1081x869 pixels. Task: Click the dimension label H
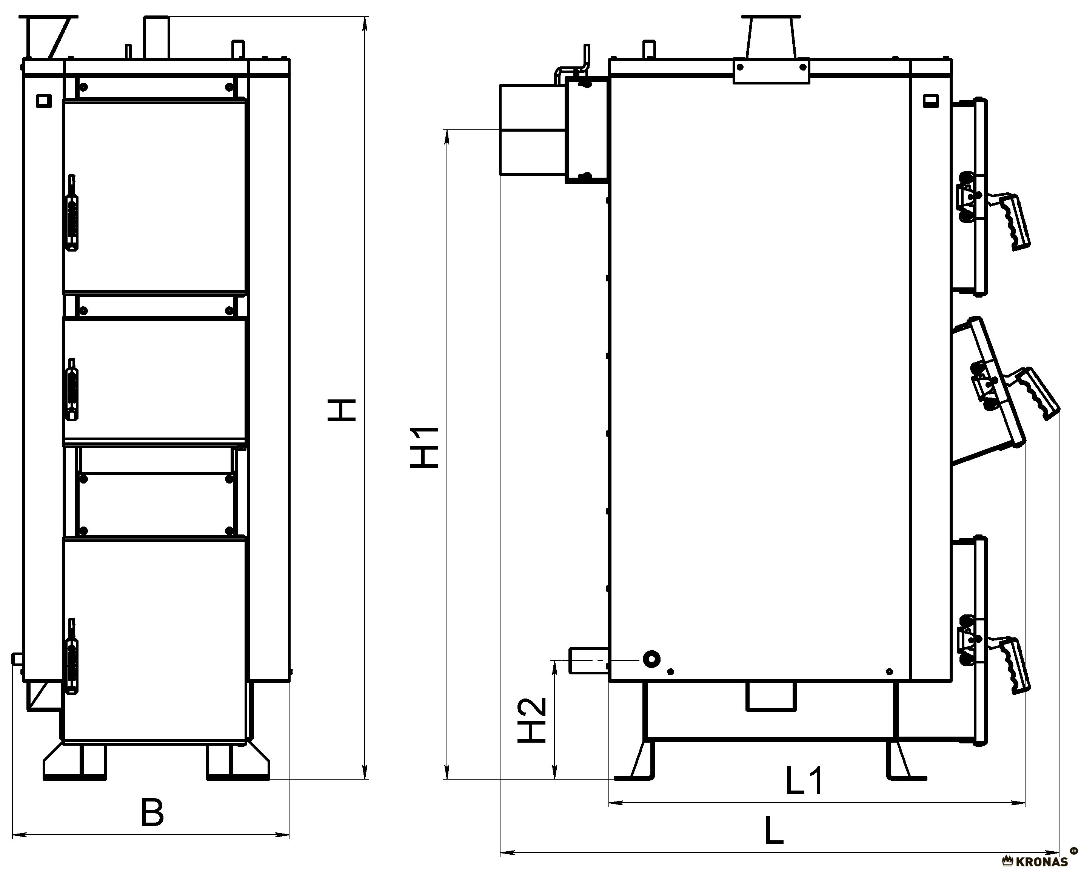click(342, 417)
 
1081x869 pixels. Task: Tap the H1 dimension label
click(425, 448)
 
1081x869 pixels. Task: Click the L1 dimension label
click(803, 780)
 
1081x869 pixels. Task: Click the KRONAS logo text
click(1042, 862)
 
